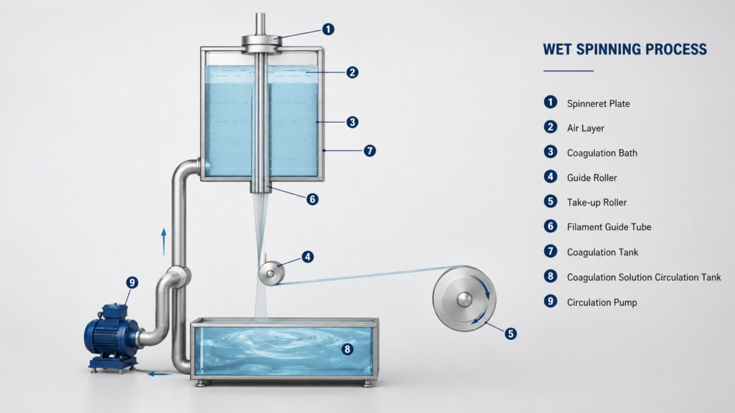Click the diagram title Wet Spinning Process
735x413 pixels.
pyautogui.click(x=625, y=49)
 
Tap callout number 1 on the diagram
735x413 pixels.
pyautogui.click(x=328, y=29)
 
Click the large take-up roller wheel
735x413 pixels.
pyautogui.click(x=464, y=299)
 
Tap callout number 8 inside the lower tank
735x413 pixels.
pyautogui.click(x=347, y=349)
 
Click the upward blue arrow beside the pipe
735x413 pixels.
pyautogui.click(x=164, y=242)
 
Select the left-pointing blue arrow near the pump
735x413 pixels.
pyautogui.click(x=160, y=374)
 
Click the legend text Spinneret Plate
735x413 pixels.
pyautogui.click(x=598, y=103)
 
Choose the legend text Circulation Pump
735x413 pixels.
pyautogui.click(x=602, y=302)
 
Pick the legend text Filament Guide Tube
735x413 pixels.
pyautogui.click(x=609, y=227)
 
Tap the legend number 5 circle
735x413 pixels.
pyautogui.click(x=551, y=201)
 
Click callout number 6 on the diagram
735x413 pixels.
pyautogui.click(x=312, y=199)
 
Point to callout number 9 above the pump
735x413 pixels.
pyautogui.click(x=132, y=283)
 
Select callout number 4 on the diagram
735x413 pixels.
pyautogui.click(x=307, y=257)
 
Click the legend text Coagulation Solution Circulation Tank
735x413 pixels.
pyautogui.click(x=644, y=277)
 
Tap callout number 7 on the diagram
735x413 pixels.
pyautogui.click(x=370, y=151)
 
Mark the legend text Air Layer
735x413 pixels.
pyautogui.click(x=586, y=128)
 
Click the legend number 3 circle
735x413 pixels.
pyautogui.click(x=551, y=152)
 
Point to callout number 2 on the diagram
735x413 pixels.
pyautogui.click(x=352, y=72)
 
